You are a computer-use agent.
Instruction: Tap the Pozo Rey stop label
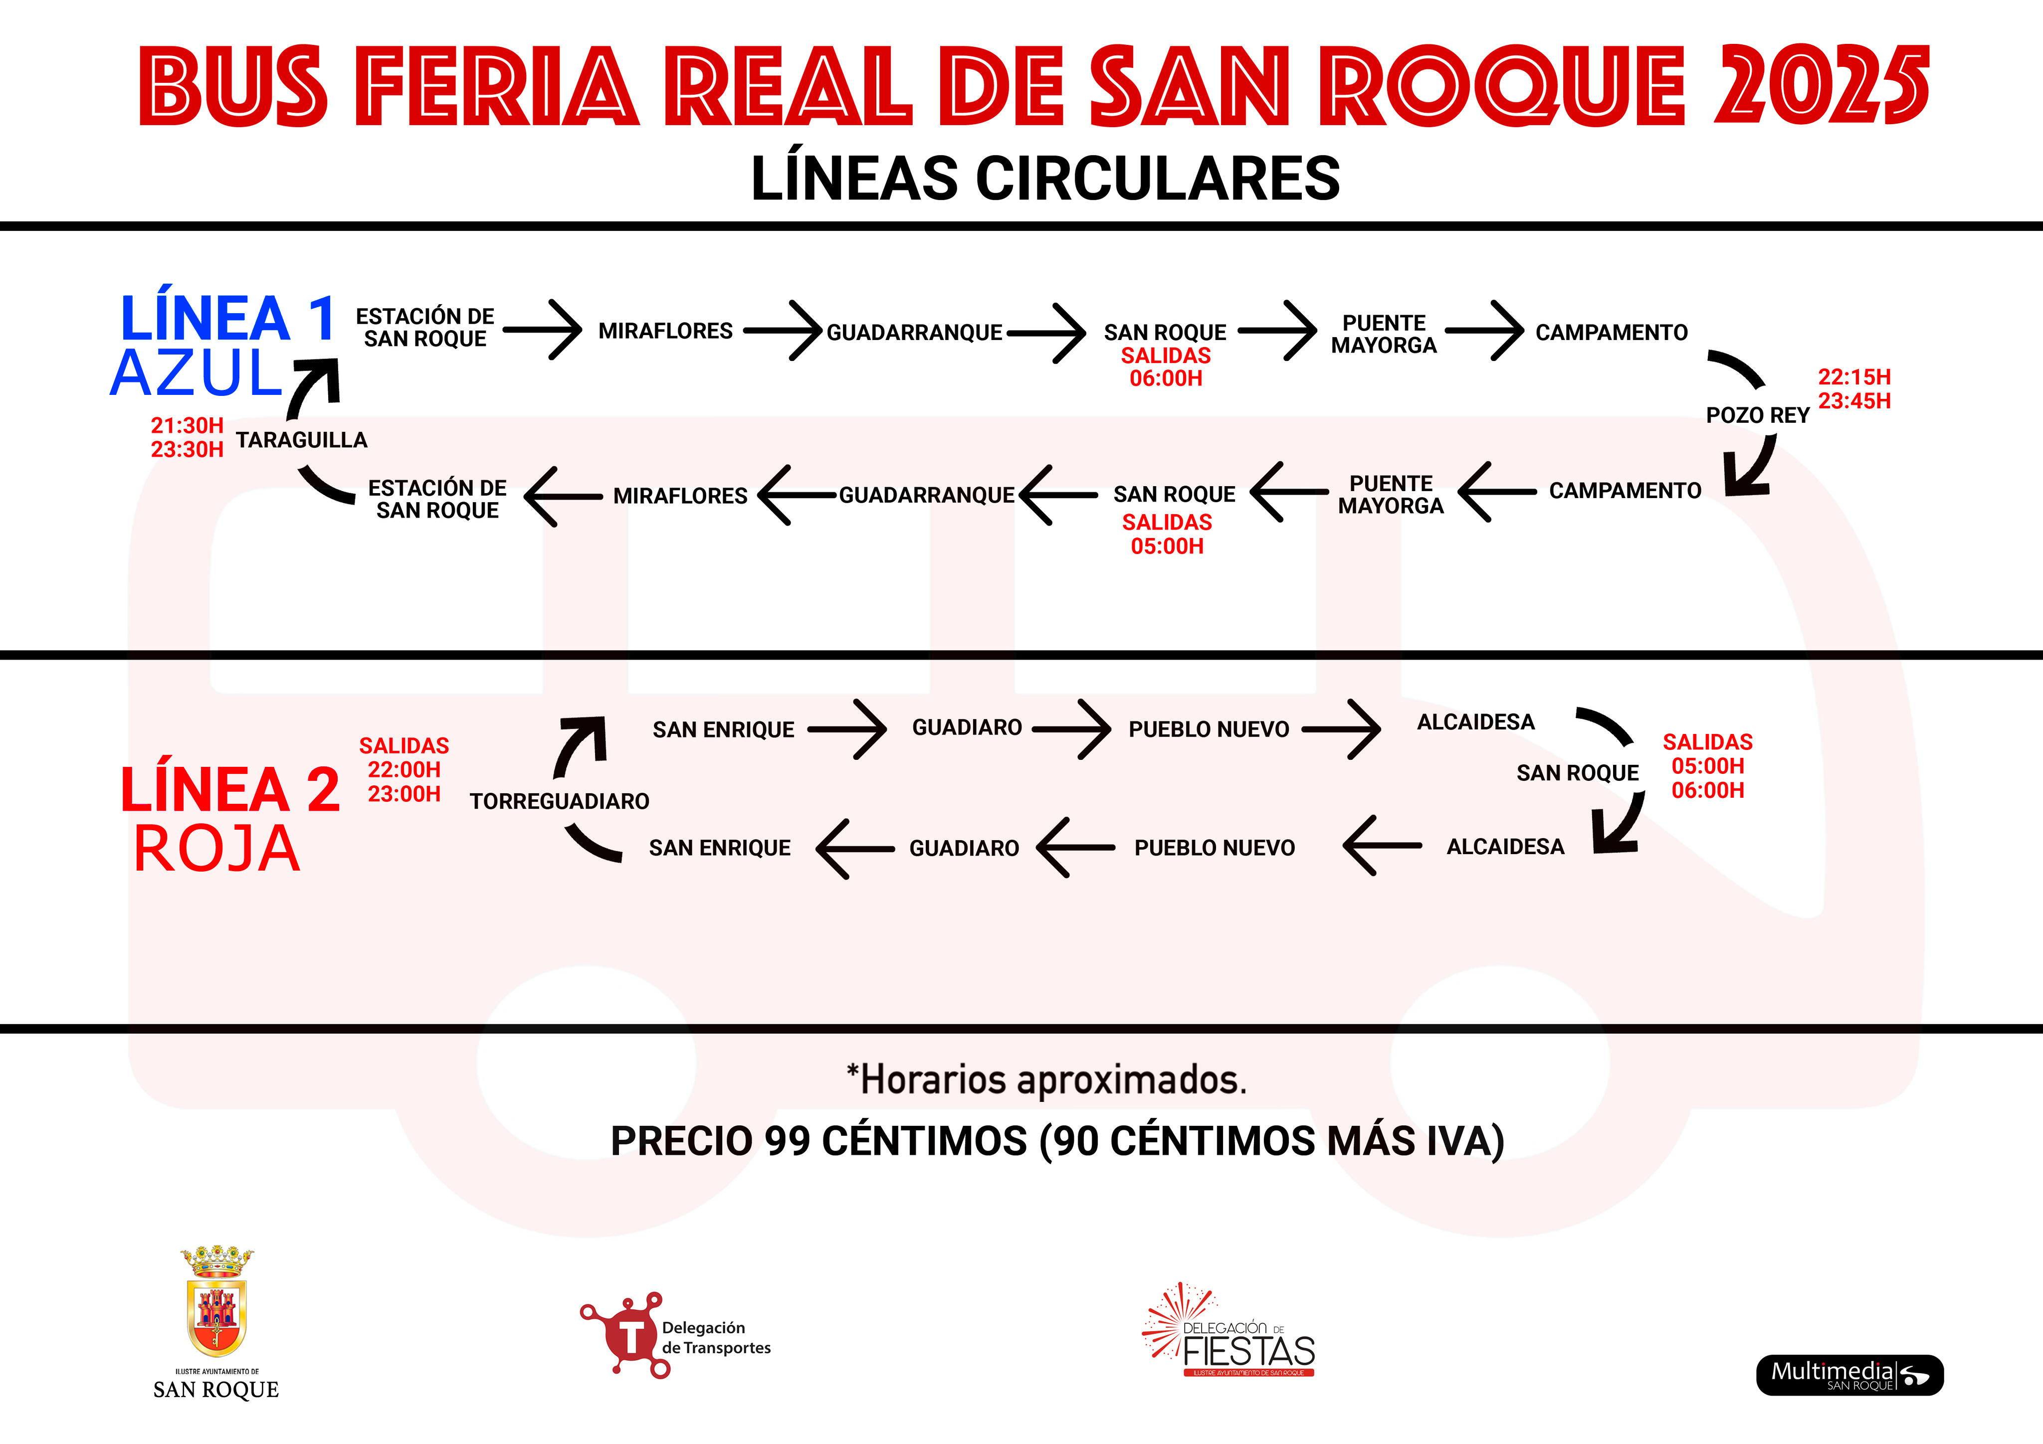tap(1757, 415)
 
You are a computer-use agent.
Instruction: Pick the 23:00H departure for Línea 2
tap(404, 794)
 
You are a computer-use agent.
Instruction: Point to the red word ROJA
tap(216, 848)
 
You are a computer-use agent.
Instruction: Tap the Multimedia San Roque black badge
tap(1849, 1375)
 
